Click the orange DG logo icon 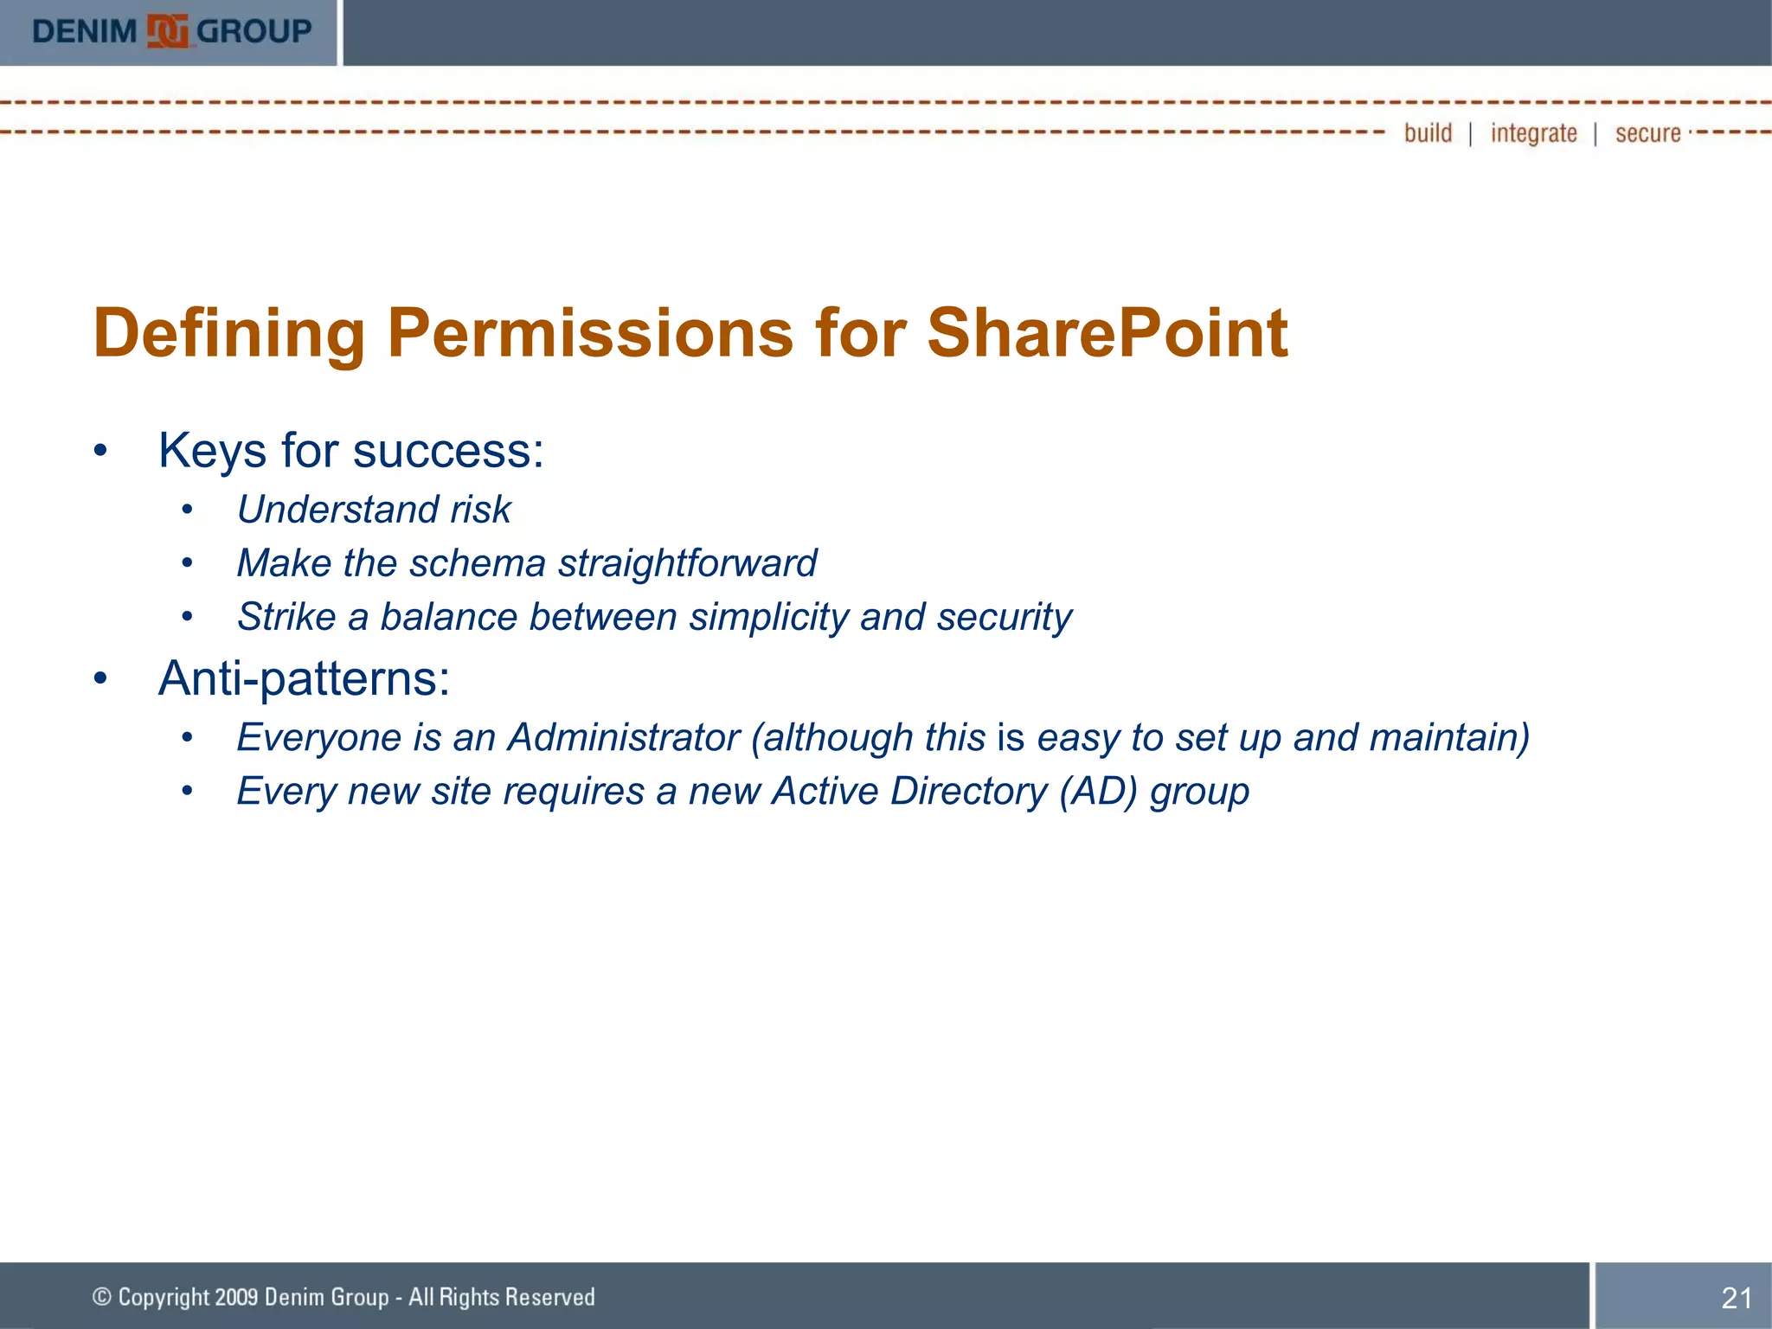point(168,32)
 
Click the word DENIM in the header point(84,32)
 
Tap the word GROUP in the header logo point(254,32)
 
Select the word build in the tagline point(1428,133)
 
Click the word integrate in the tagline point(1533,133)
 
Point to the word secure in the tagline point(1647,133)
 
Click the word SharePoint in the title point(1107,333)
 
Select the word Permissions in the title point(589,333)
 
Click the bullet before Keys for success point(100,452)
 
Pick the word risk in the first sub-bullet point(480,510)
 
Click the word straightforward point(687,563)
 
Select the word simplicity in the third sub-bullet point(768,618)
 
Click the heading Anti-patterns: point(304,678)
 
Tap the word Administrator point(623,738)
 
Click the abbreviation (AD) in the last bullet point(1097,792)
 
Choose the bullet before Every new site point(187,792)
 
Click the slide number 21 point(1736,1298)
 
